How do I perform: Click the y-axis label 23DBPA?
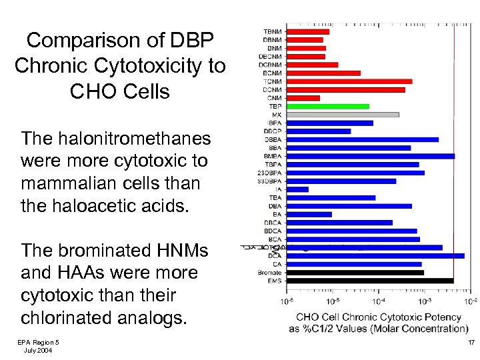click(270, 173)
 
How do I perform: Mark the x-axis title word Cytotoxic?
click(416, 317)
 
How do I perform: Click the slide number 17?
click(471, 343)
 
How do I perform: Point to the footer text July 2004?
click(38, 350)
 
